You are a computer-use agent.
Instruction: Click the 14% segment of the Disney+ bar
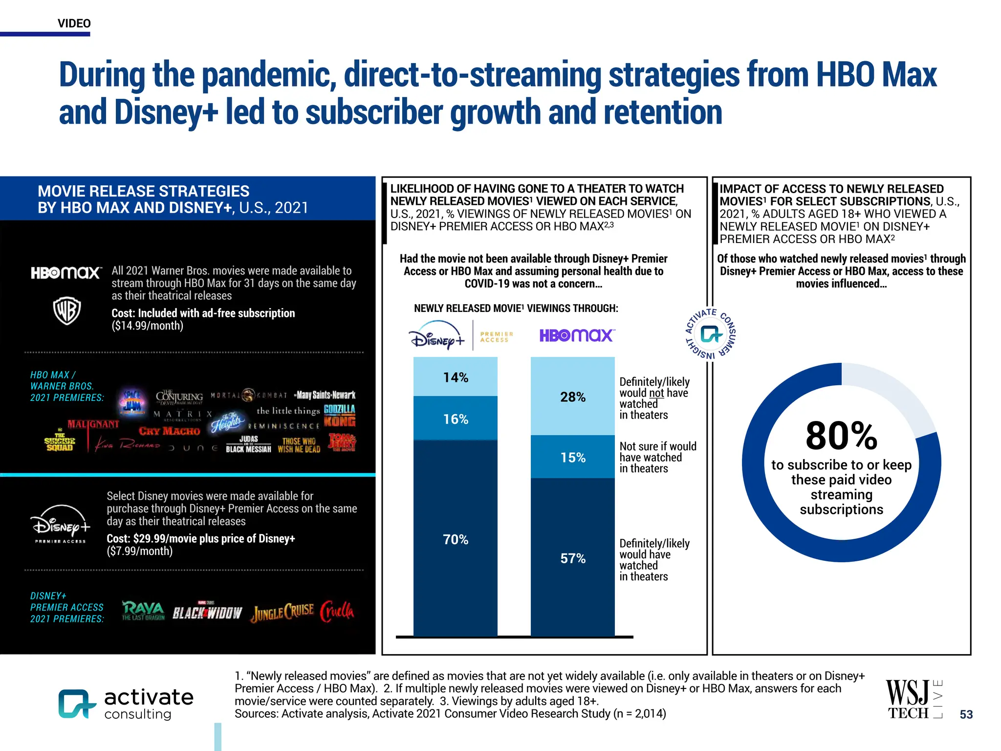pos(456,377)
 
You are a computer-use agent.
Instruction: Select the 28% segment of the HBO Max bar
pos(572,397)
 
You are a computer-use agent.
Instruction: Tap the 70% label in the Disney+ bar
pos(456,539)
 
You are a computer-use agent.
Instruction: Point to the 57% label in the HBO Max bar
pos(572,558)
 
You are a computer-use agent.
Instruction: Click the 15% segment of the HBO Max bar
pos(572,457)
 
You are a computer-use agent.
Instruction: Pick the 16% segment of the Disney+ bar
pos(456,419)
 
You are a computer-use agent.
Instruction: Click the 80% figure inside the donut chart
pos(841,436)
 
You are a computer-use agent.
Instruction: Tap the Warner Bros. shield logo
pos(67,310)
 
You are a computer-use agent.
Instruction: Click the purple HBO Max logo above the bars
pos(577,335)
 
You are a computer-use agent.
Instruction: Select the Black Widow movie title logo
pos(207,612)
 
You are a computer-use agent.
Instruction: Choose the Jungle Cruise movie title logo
pos(283,612)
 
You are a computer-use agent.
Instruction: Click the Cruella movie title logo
pos(337,611)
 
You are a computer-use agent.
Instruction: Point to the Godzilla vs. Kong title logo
pos(340,415)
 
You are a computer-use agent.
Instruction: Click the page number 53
pos(966,714)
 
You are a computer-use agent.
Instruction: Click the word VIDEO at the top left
pos(74,23)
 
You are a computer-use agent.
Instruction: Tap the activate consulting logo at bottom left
pos(126,704)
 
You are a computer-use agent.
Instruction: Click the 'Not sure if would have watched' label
pos(657,457)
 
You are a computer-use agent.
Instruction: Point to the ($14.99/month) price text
pos(147,326)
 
